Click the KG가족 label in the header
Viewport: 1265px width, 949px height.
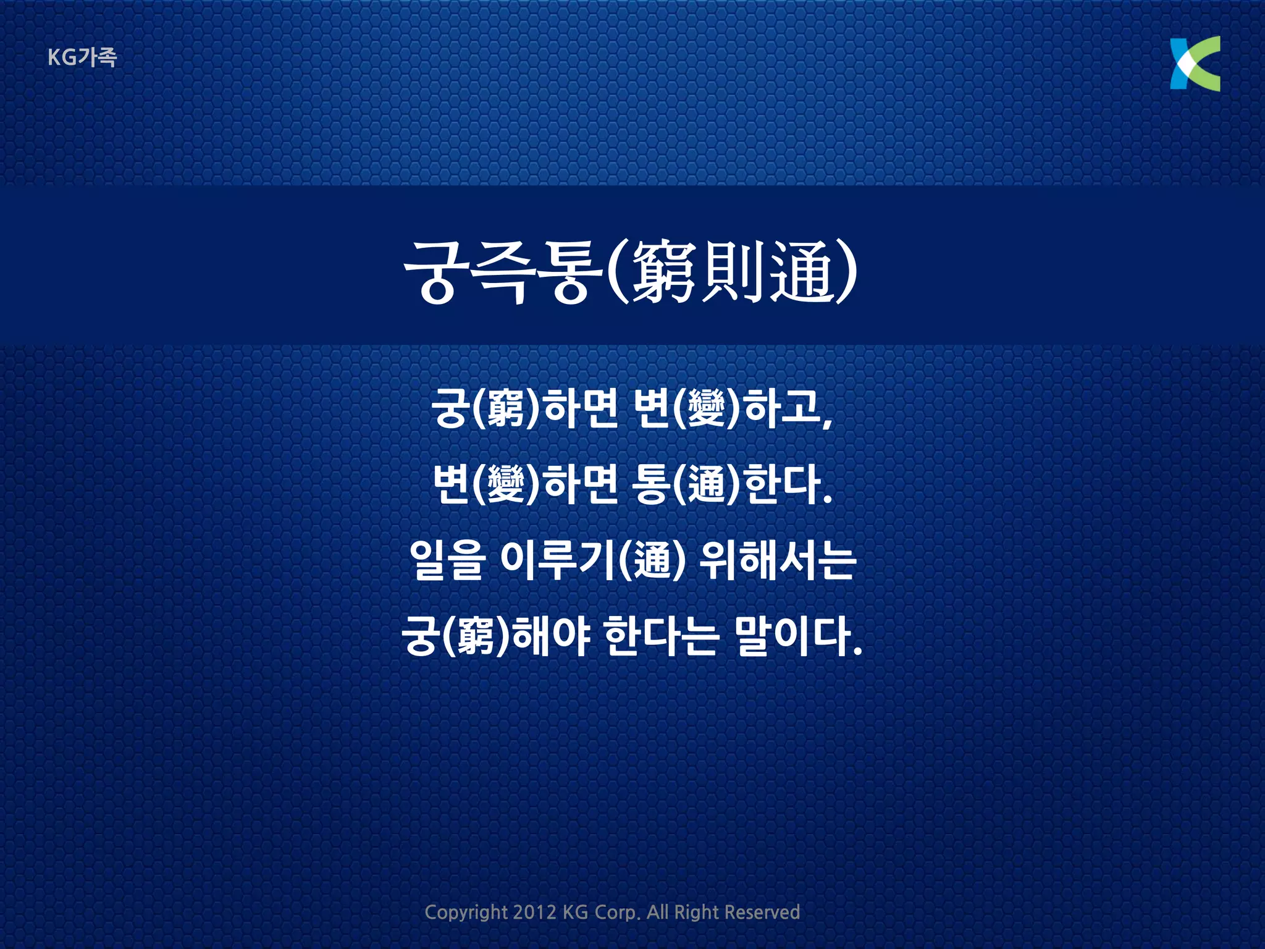(82, 57)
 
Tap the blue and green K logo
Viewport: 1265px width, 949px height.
(1195, 64)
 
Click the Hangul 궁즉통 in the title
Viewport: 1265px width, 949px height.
(503, 272)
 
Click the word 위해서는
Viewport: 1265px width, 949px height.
(777, 560)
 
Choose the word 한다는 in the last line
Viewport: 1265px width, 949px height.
(660, 636)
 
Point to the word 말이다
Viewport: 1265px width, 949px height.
(797, 636)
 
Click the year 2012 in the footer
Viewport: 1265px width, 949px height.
(534, 912)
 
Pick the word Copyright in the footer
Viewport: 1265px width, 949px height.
(466, 913)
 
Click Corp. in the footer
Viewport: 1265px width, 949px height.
(617, 913)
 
